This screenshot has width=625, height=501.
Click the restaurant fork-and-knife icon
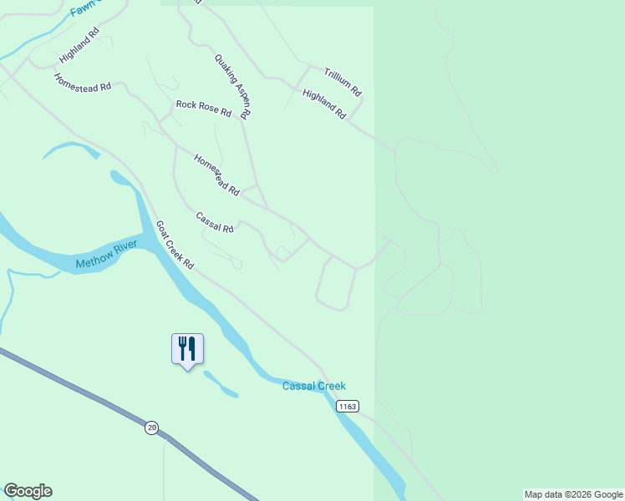point(187,347)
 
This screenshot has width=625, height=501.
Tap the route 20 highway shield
point(151,428)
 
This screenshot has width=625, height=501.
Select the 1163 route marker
point(348,406)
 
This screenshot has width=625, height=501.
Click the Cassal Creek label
point(313,386)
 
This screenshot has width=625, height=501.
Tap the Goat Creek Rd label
point(175,245)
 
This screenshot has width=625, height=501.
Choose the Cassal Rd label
point(215,222)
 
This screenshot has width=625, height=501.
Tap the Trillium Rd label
point(343,81)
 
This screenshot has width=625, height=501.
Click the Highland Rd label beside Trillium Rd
point(324,104)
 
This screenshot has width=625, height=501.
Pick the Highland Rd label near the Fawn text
point(79,45)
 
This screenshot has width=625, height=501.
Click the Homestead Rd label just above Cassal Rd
point(216,175)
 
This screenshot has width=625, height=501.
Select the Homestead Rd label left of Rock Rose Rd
point(82,83)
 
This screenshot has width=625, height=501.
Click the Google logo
point(28,491)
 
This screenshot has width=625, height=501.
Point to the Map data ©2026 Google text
point(574,494)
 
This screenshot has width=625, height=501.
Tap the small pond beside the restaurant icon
point(221,385)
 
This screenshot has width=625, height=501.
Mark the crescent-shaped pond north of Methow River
point(71,149)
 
